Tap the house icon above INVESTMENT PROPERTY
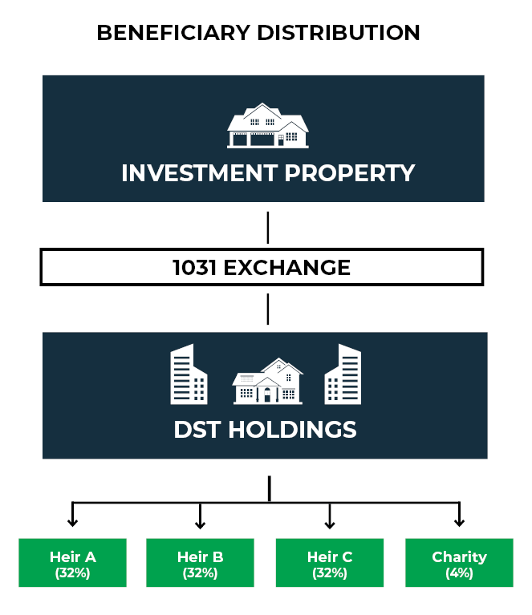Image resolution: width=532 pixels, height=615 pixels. click(x=267, y=126)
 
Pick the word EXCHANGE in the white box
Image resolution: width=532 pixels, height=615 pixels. click(x=287, y=267)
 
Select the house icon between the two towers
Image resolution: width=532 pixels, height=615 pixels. click(x=267, y=382)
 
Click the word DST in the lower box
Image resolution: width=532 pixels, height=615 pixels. click(x=197, y=429)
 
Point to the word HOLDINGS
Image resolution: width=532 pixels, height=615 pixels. click(x=292, y=429)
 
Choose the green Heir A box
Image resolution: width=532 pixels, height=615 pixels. click(x=73, y=563)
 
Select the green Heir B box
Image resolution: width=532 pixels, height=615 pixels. click(x=200, y=563)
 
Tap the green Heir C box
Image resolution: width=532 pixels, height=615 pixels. click(x=330, y=563)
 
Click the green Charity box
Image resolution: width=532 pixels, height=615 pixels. click(x=459, y=563)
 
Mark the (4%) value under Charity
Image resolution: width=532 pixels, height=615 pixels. click(x=459, y=573)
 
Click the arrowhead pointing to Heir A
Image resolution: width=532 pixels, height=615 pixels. click(x=73, y=523)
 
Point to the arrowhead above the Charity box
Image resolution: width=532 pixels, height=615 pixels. click(x=459, y=523)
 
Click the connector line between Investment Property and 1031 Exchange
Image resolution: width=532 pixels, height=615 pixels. click(x=267, y=227)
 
